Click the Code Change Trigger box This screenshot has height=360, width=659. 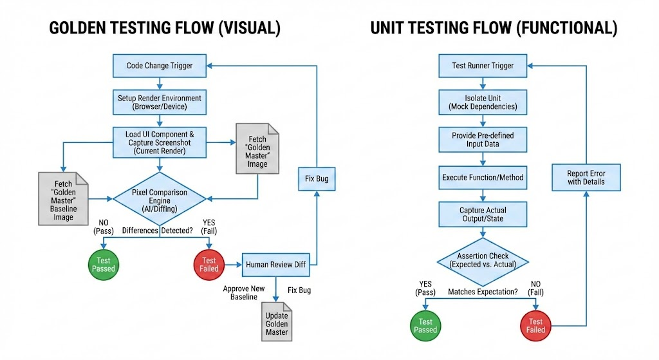click(x=160, y=66)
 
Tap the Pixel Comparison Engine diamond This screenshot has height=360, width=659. click(x=160, y=197)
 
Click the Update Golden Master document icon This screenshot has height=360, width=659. click(x=277, y=320)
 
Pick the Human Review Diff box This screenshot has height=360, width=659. click(x=275, y=264)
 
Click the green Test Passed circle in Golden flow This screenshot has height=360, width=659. click(x=103, y=264)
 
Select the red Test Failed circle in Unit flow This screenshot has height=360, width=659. click(x=535, y=325)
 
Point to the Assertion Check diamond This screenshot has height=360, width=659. click(x=483, y=260)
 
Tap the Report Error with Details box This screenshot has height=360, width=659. click(x=586, y=178)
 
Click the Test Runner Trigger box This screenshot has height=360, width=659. click(x=483, y=66)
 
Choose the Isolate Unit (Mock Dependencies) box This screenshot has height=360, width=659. click(x=483, y=102)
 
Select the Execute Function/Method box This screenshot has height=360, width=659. click(x=483, y=177)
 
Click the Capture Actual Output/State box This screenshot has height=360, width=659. click(x=483, y=214)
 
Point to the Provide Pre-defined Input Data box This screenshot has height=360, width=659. click(x=483, y=139)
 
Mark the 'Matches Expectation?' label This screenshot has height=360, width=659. click(x=483, y=292)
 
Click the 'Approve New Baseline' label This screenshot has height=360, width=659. click(x=244, y=292)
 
